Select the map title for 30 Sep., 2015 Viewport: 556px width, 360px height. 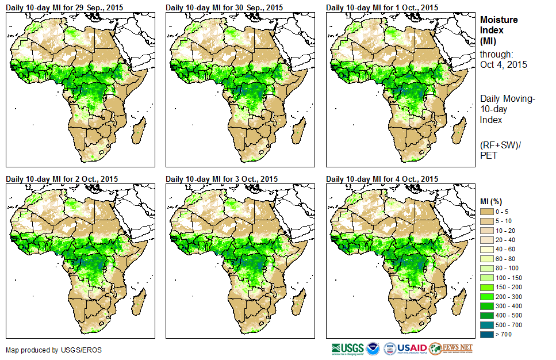[x=224, y=7]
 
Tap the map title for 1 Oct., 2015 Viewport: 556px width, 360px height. [x=382, y=7]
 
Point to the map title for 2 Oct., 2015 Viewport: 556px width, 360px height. [x=62, y=179]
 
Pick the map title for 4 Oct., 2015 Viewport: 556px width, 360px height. [x=382, y=179]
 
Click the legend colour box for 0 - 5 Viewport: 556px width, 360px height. [x=488, y=212]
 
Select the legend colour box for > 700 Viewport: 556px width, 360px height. [x=488, y=333]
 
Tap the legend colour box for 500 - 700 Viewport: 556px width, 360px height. [x=488, y=324]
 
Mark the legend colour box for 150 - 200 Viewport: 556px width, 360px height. [x=488, y=286]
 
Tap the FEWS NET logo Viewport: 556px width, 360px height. [x=451, y=348]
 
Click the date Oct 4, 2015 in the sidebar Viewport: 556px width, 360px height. [x=504, y=64]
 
